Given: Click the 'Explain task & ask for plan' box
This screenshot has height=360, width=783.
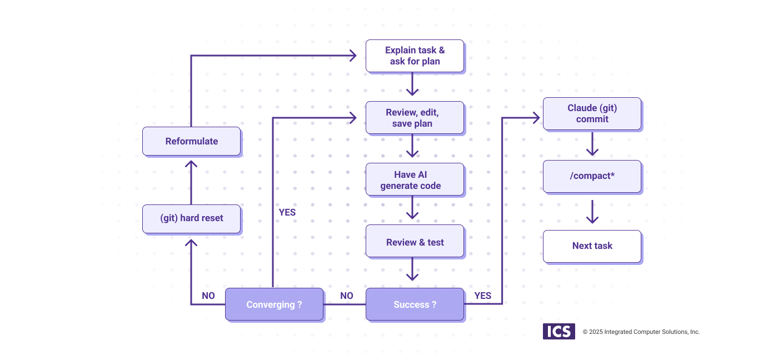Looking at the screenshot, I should point(415,56).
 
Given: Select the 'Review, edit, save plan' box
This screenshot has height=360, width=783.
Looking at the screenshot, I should point(415,118).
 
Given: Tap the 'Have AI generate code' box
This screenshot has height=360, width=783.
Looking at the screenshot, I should point(415,179).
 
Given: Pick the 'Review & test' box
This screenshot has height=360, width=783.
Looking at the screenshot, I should point(415,242).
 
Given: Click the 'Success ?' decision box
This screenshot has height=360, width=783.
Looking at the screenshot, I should point(415,304).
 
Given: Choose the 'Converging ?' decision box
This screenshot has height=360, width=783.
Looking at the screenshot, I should point(274,304).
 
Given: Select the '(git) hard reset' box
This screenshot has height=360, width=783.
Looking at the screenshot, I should point(191,218).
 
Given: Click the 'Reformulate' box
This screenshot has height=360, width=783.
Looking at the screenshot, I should point(191,141).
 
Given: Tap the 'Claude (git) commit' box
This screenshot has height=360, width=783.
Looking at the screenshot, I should point(592,113).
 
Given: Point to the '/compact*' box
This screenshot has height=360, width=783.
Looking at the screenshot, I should point(592,176).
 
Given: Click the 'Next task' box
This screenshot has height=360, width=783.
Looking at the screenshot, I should point(592,246).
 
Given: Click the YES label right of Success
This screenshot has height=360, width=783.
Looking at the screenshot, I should point(482,296).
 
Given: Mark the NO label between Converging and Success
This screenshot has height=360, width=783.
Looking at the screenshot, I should point(346,296).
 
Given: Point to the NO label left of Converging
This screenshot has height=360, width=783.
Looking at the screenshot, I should point(208,296).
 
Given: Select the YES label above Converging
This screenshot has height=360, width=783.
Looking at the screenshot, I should point(287,212).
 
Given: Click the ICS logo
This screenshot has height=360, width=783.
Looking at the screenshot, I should point(558,332).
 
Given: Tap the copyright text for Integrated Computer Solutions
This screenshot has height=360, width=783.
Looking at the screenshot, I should point(641,332).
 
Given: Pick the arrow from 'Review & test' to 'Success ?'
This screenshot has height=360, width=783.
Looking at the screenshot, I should point(412,270).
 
